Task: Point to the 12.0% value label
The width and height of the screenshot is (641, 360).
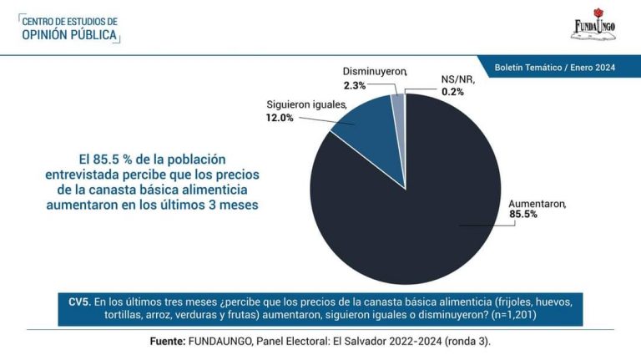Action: click(280, 118)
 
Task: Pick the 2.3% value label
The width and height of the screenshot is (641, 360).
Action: click(355, 85)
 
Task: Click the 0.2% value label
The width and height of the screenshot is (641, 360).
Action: click(452, 91)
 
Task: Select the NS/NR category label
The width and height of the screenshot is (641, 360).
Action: click(456, 79)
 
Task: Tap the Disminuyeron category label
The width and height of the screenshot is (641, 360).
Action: click(373, 73)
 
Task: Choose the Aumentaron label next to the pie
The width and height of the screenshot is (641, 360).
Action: click(538, 203)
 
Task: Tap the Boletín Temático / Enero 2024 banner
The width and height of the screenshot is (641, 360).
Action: click(554, 67)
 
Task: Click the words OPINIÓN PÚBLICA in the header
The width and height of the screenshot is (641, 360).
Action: click(69, 35)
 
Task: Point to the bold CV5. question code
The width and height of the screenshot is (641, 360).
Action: click(79, 300)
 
